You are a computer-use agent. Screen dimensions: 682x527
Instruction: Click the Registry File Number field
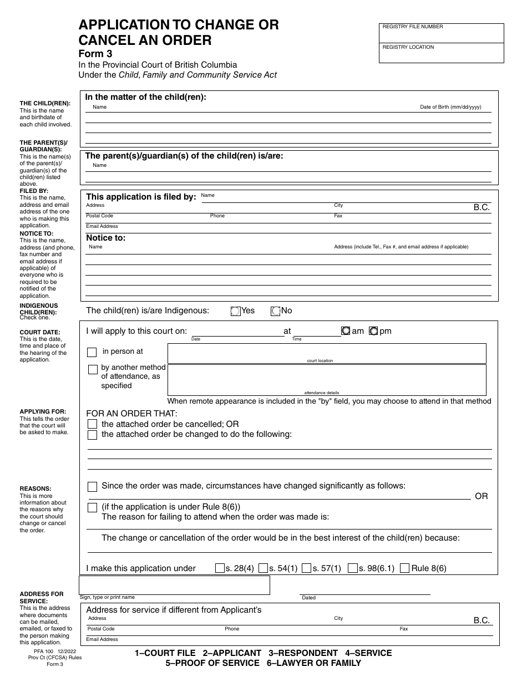click(x=442, y=35)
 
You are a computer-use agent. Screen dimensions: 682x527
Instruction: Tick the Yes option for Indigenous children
click(x=235, y=311)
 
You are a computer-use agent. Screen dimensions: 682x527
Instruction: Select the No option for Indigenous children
click(x=275, y=311)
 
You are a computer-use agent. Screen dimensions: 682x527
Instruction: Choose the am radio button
click(x=346, y=331)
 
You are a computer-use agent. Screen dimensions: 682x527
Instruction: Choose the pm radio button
click(x=373, y=331)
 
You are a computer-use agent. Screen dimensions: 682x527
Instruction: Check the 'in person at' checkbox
click(x=93, y=352)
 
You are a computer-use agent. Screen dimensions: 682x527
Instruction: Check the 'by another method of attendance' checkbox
click(x=93, y=369)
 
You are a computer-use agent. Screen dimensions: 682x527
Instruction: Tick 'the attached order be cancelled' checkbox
click(x=93, y=424)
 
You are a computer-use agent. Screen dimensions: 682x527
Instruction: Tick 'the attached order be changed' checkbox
click(x=93, y=435)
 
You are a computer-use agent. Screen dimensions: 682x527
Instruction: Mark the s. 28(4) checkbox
click(x=220, y=568)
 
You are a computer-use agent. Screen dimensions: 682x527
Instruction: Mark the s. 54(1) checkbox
click(x=263, y=568)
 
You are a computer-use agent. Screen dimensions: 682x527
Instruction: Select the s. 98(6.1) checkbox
click(x=352, y=568)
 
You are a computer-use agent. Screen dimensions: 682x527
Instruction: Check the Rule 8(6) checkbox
click(x=405, y=568)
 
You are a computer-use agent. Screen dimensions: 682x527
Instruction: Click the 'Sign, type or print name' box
click(x=174, y=585)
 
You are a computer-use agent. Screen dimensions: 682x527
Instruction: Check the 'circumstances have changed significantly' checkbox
click(x=93, y=486)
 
